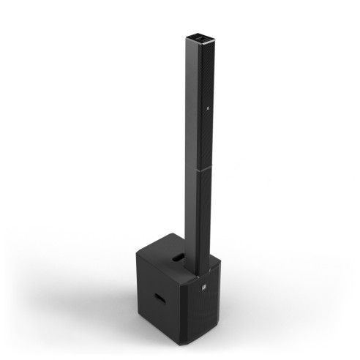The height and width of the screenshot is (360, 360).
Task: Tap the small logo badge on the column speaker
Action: (x=209, y=112)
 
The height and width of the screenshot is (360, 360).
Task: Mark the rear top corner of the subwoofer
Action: (x=172, y=235)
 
